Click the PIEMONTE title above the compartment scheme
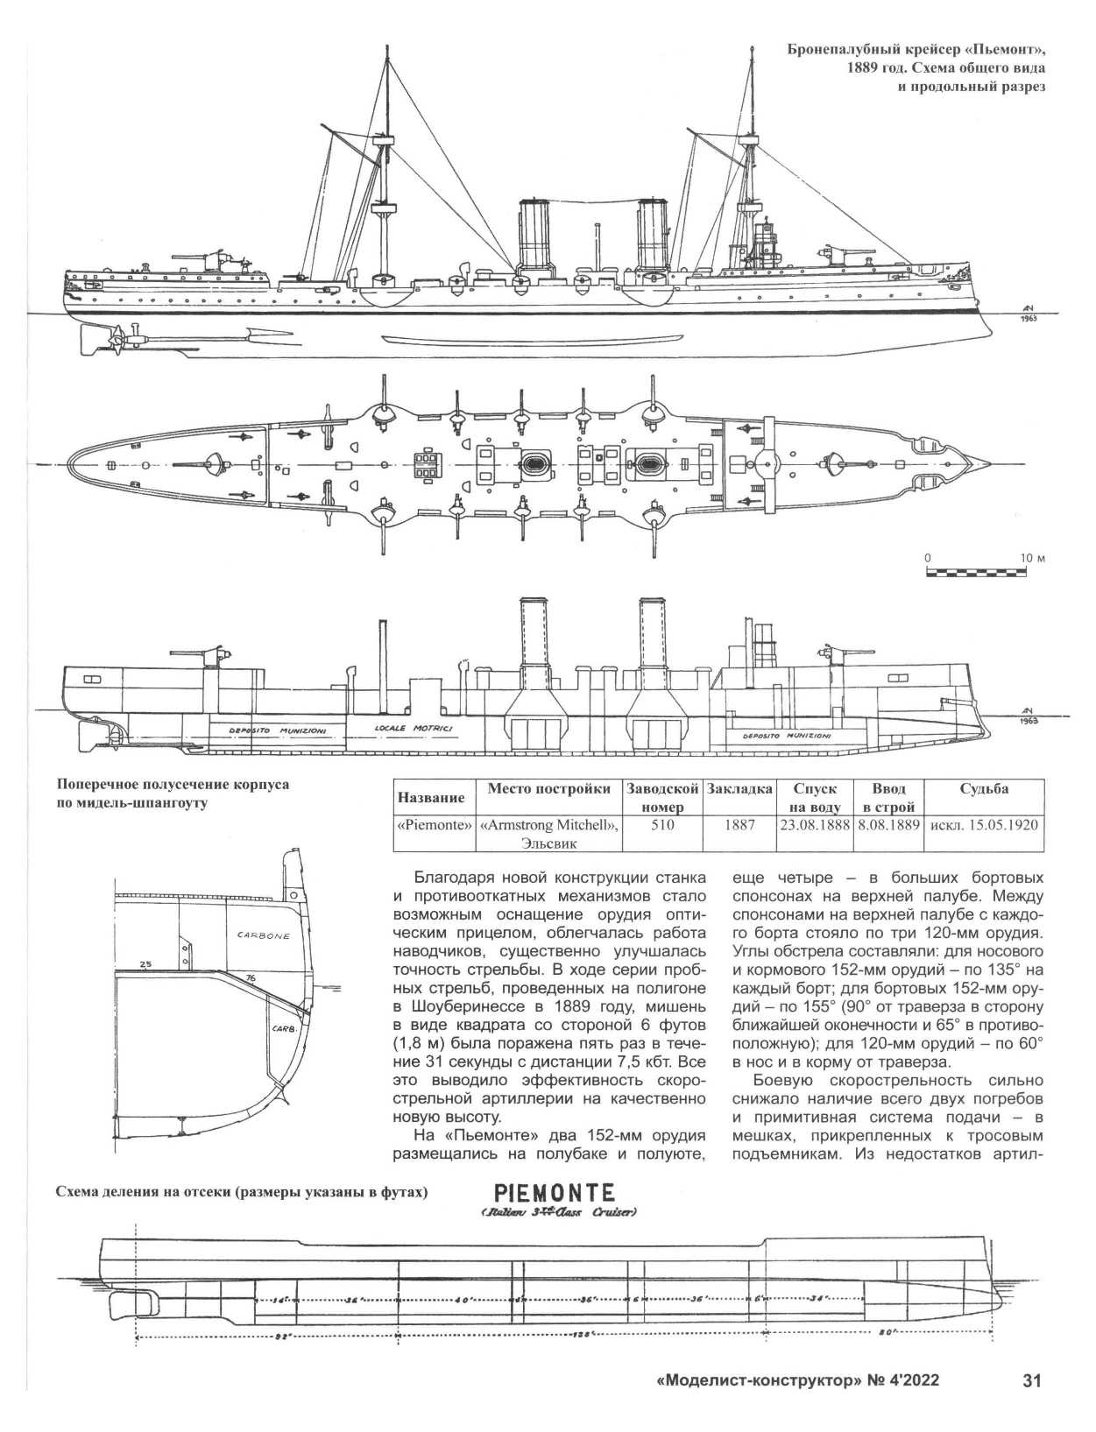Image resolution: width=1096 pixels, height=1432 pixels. click(554, 1193)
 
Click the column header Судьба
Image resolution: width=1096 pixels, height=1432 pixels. click(983, 789)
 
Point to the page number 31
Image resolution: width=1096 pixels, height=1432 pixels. click(1031, 1381)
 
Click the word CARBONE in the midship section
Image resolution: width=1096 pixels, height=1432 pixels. click(263, 935)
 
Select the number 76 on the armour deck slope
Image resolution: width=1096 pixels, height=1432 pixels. click(251, 977)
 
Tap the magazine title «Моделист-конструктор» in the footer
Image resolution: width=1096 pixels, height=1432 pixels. click(758, 1381)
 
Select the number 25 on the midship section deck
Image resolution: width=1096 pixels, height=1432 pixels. click(145, 963)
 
